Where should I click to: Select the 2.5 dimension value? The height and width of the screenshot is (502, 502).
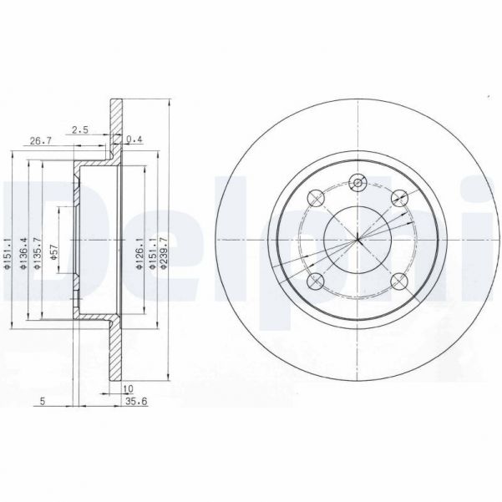[80, 129]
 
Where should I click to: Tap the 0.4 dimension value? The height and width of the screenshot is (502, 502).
[134, 139]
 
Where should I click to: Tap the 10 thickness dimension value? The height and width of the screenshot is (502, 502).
[127, 388]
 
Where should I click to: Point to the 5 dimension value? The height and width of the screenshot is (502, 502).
[42, 401]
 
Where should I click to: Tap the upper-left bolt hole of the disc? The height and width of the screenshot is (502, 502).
[316, 198]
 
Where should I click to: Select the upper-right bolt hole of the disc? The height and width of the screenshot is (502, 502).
[399, 198]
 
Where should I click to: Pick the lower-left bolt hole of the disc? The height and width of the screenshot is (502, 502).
[316, 282]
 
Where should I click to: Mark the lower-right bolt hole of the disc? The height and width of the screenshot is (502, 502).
[399, 282]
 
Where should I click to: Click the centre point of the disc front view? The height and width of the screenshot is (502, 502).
[357, 241]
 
